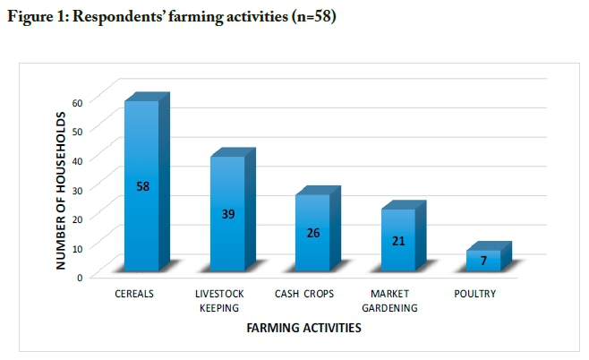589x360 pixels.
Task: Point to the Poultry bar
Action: pos(482,261)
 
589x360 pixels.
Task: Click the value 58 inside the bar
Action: pos(142,186)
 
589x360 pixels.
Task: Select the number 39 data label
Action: pos(227,214)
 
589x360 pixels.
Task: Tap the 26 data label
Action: pos(312,233)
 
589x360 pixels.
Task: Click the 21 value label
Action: pos(397,240)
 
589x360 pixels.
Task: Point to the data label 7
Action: pos(483,261)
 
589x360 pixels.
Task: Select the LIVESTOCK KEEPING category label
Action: pos(221,300)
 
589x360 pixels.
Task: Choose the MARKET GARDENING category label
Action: pos(391,300)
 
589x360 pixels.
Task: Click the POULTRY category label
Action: pos(474,294)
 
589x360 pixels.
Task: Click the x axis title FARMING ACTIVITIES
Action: pos(303,329)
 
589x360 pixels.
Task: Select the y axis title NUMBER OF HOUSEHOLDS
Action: pos(61,191)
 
